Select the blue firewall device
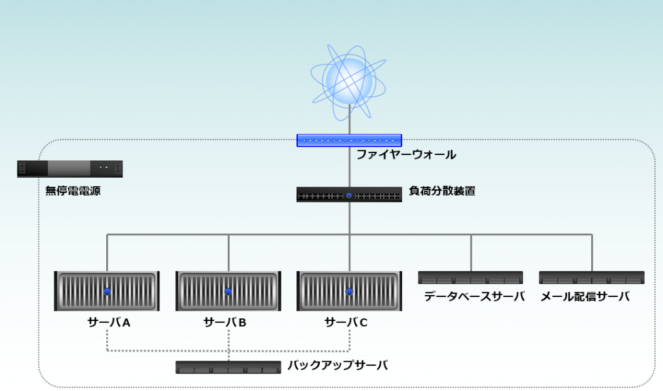[349, 140]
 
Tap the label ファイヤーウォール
[406, 155]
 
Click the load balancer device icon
[349, 195]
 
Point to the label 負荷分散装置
[442, 191]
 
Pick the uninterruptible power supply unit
[70, 169]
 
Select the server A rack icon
[107, 291]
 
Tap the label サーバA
[109, 322]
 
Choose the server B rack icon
[228, 291]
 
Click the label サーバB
[225, 322]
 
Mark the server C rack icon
[349, 291]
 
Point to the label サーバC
[346, 322]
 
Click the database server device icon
[470, 278]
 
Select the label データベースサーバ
[474, 297]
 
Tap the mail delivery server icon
[592, 278]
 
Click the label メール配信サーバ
[585, 297]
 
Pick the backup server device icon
[228, 367]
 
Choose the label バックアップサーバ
[337, 366]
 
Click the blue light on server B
[228, 292]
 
